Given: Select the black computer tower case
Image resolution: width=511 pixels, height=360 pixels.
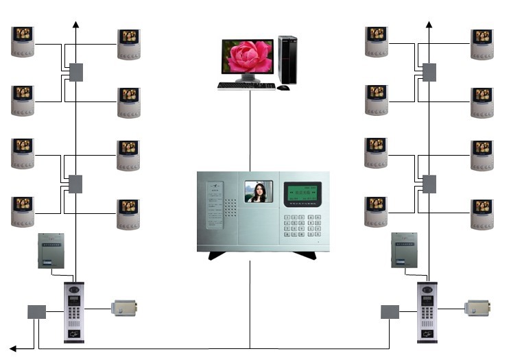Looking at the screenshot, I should pyautogui.click(x=287, y=60).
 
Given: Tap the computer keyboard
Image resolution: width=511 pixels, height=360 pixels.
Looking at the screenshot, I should pyautogui.click(x=246, y=86).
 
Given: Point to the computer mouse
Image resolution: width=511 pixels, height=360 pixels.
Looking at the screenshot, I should pyautogui.click(x=283, y=87).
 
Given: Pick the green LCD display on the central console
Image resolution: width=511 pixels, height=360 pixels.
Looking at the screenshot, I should pyautogui.click(x=302, y=194).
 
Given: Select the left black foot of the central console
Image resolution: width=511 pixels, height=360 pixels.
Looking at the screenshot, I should pyautogui.click(x=219, y=255).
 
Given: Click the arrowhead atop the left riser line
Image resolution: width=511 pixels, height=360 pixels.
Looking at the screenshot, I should pyautogui.click(x=75, y=25).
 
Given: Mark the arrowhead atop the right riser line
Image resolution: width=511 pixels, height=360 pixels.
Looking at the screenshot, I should pyautogui.click(x=429, y=25).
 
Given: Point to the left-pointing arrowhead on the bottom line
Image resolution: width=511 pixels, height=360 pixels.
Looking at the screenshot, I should pyautogui.click(x=13, y=348).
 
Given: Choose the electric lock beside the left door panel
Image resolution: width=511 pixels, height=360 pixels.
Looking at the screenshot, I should pyautogui.click(x=126, y=309).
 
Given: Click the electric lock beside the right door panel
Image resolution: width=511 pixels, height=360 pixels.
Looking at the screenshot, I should pyautogui.click(x=478, y=309).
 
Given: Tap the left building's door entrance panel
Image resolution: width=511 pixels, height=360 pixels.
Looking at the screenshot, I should pyautogui.click(x=74, y=312).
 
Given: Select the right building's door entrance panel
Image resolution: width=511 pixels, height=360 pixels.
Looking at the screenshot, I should pyautogui.click(x=428, y=312).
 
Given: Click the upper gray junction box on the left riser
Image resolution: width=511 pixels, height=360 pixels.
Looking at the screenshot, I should pyautogui.click(x=75, y=72).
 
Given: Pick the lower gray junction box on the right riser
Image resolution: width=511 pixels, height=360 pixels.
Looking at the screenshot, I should pyautogui.click(x=429, y=184).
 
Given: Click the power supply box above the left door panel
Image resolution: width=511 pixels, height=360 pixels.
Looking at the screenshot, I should pyautogui.click(x=51, y=251).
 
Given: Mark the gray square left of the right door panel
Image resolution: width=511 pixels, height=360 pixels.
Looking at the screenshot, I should pyautogui.click(x=390, y=312).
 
